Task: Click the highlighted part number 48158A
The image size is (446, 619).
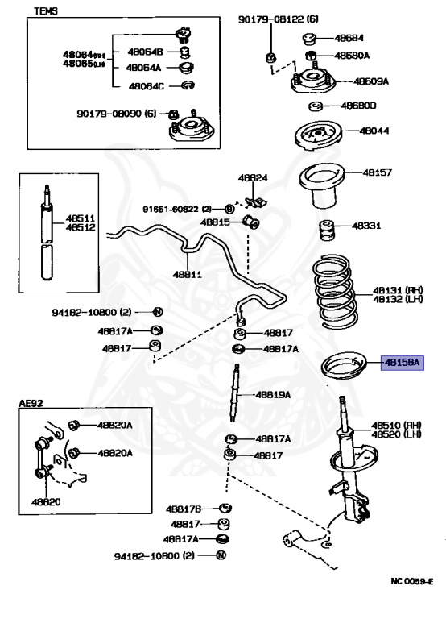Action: click(x=401, y=364)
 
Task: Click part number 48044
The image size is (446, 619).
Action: click(x=374, y=131)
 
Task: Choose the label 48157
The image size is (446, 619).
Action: click(x=377, y=172)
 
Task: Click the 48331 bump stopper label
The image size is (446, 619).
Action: click(x=367, y=226)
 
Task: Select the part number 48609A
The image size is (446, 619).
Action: click(x=372, y=81)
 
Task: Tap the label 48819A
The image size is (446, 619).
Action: click(x=273, y=394)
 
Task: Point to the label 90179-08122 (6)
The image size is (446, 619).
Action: click(x=279, y=19)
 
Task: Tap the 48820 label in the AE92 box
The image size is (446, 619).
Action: click(x=46, y=501)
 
